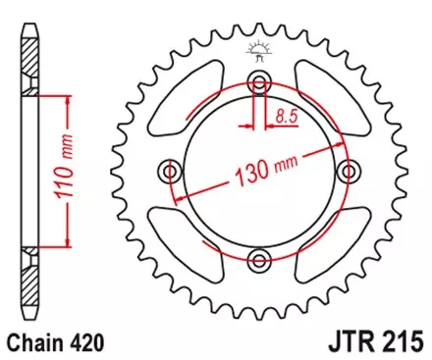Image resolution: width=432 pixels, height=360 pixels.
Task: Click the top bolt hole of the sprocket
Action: (x=259, y=82)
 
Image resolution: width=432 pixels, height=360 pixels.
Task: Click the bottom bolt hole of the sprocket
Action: (x=259, y=260)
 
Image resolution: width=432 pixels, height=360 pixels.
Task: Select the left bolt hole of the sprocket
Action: (x=171, y=172)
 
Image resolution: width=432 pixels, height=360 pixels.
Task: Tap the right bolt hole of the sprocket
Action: (x=348, y=172)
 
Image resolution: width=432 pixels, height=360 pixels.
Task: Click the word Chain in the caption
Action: (x=34, y=344)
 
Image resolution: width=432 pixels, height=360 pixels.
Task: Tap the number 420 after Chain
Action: (x=82, y=344)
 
